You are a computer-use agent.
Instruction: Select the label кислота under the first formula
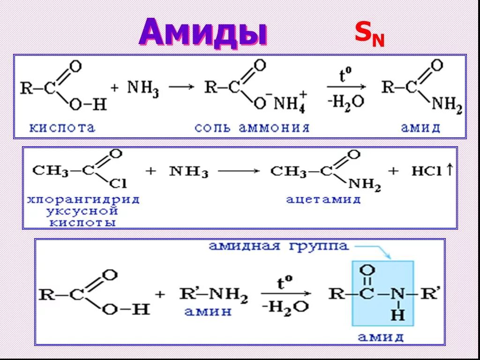coord(63,127)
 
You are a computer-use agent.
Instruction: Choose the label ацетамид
coord(323,200)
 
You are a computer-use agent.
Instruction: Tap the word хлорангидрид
coord(83,200)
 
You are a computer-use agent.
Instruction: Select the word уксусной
coord(83,211)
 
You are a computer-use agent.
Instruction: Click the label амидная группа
coord(278,247)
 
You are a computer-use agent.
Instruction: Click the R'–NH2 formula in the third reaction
coord(213,294)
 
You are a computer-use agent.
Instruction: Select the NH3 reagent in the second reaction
coord(189,172)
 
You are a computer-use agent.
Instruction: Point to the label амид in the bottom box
coord(381,337)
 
